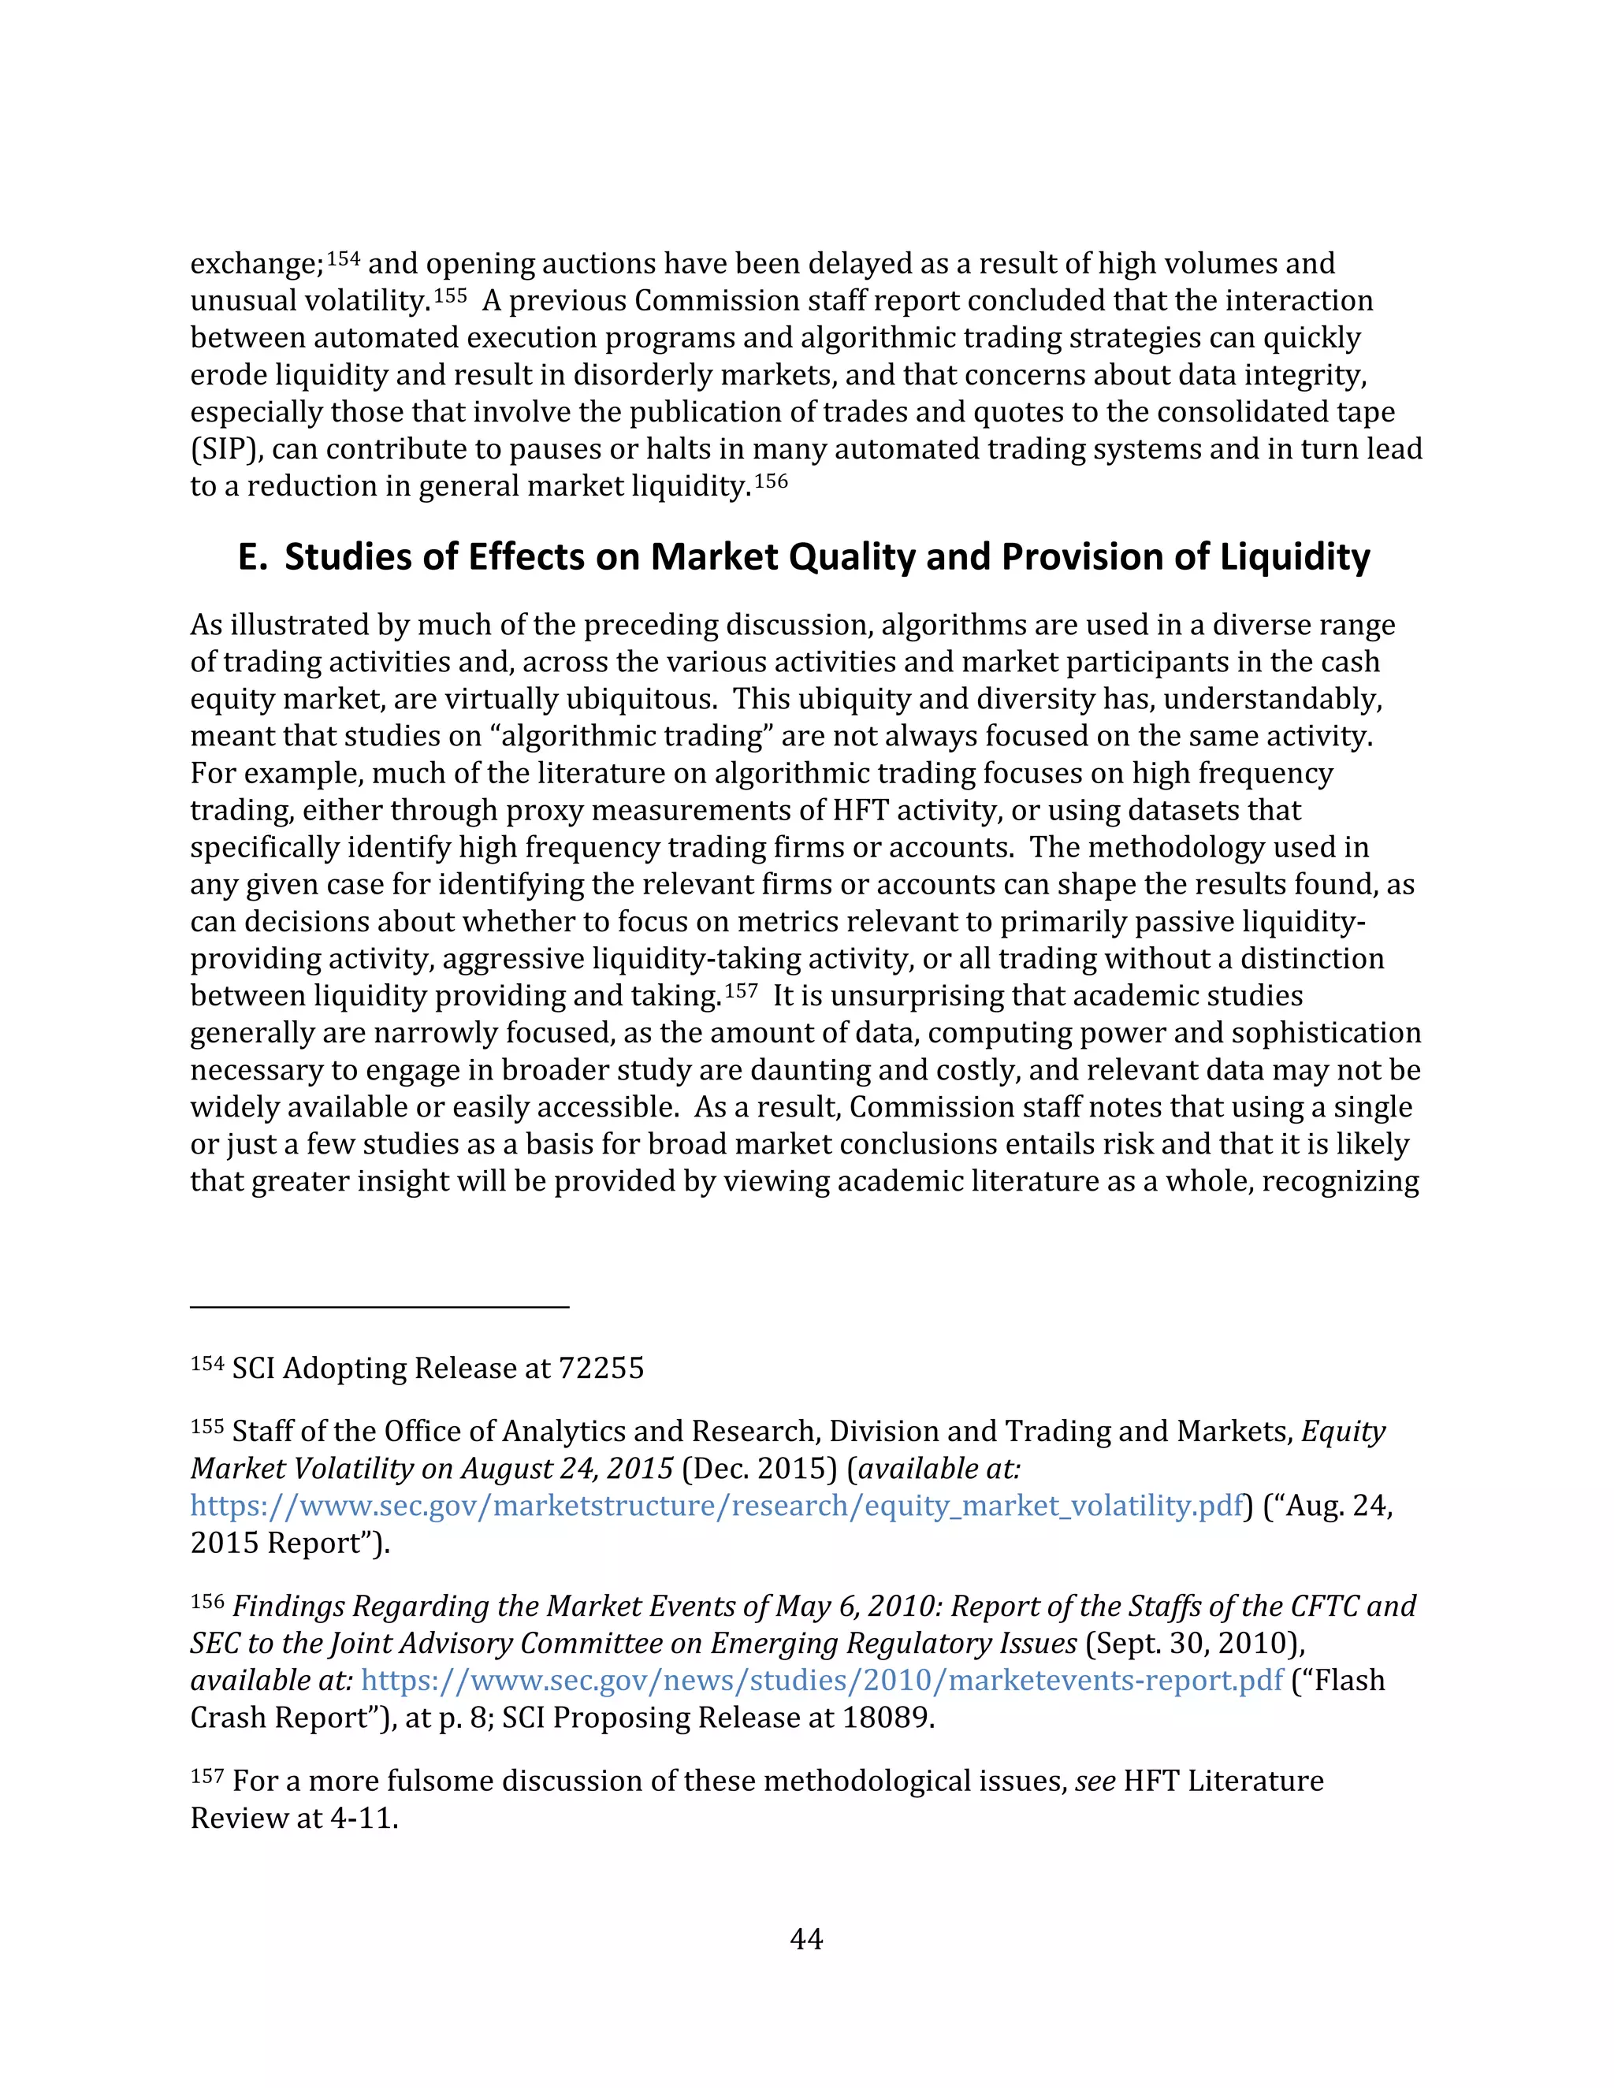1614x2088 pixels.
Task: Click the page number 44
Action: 806,1939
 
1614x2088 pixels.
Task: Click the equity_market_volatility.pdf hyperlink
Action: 716,1506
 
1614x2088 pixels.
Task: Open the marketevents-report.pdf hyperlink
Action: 821,1680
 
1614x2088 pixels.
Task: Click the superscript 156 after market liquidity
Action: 771,481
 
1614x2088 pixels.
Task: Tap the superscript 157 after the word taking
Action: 741,991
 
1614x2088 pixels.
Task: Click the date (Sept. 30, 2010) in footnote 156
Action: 1194,1643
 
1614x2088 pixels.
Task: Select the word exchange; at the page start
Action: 256,264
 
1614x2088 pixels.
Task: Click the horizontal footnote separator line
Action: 380,1306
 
